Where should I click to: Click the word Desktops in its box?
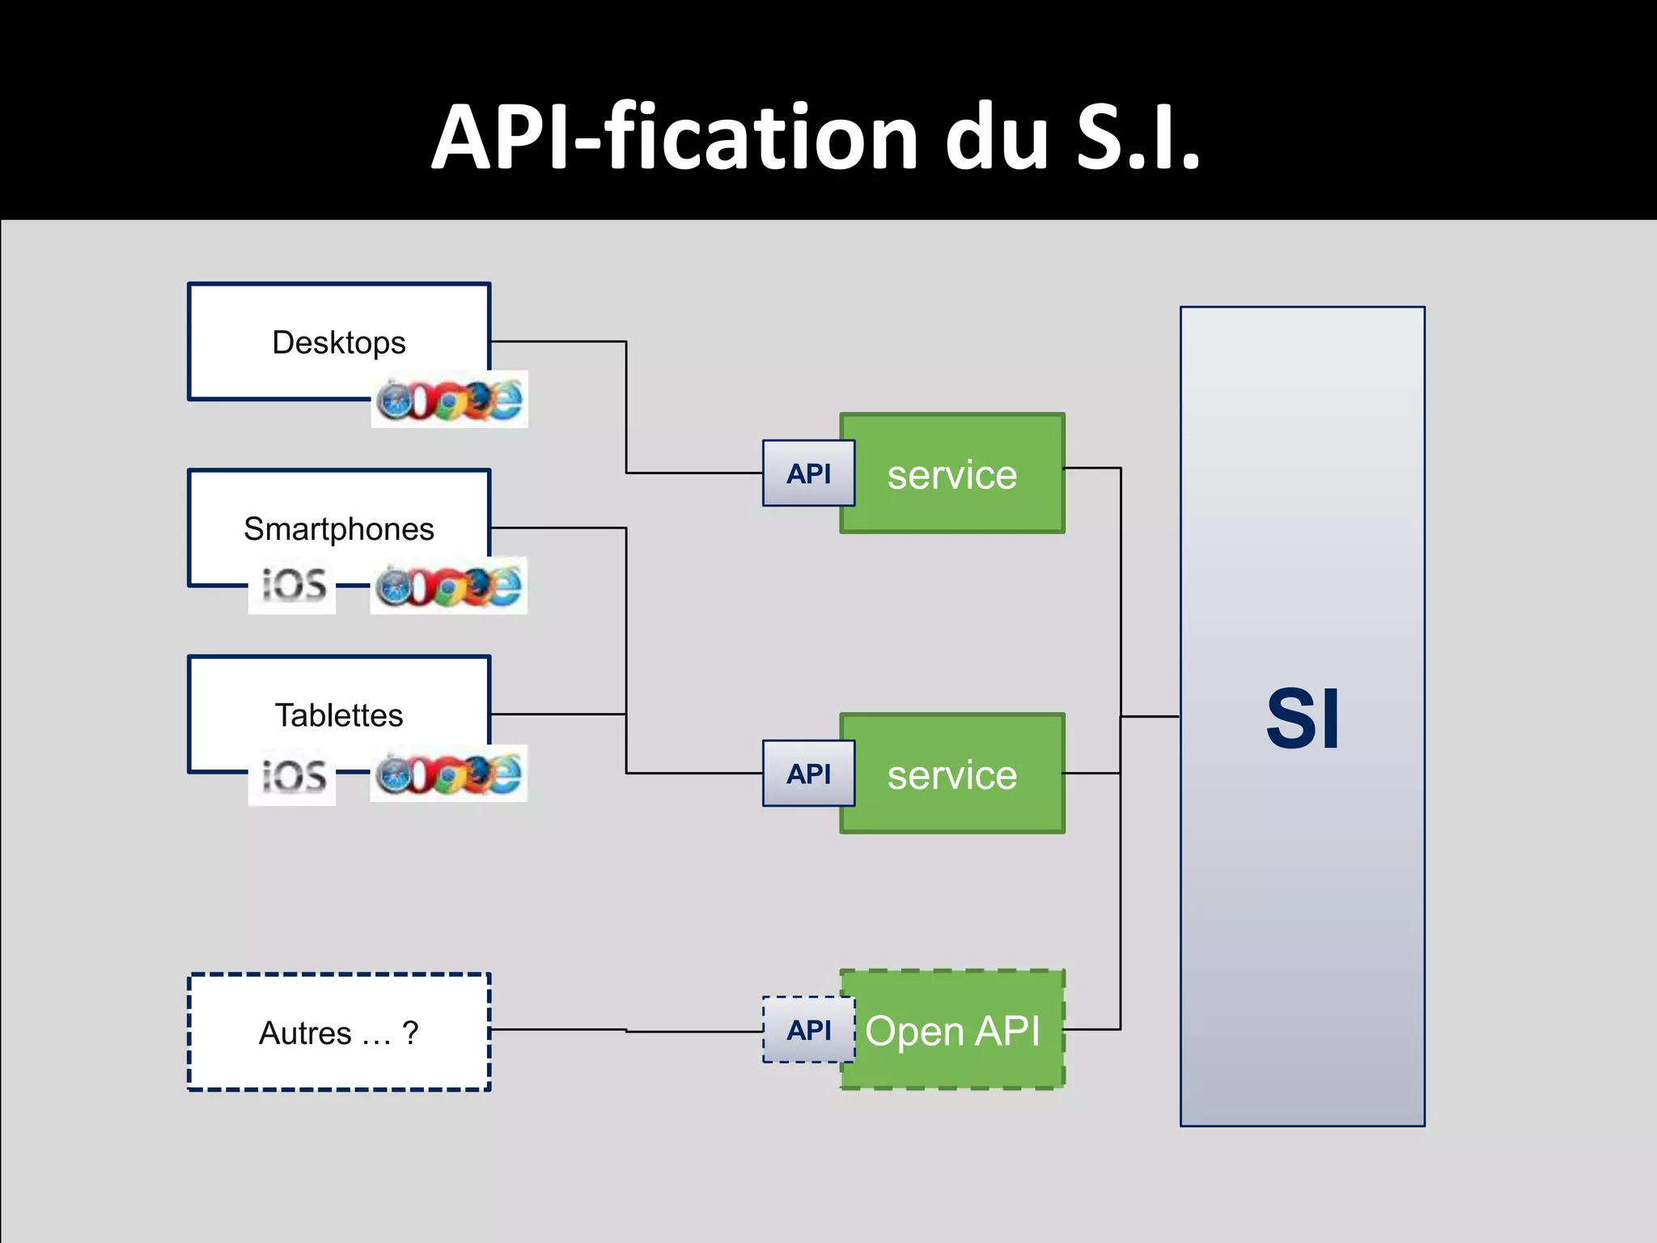point(338,342)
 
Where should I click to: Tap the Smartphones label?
point(338,529)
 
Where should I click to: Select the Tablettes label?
point(338,715)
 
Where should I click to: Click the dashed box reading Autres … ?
point(338,1033)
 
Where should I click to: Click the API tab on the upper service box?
point(808,473)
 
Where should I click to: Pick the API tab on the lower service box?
point(808,774)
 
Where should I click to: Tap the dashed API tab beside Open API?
point(808,1030)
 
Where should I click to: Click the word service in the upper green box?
point(951,475)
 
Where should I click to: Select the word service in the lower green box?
point(951,775)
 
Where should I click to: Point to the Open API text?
point(951,1031)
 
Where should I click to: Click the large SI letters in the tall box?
point(1302,719)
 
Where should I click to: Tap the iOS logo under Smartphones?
point(292,585)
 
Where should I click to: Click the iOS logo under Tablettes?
point(292,775)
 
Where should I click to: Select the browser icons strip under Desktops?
point(449,400)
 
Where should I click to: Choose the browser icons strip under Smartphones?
point(449,586)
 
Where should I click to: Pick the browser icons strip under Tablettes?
point(449,774)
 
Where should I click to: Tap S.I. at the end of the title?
point(1138,138)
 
